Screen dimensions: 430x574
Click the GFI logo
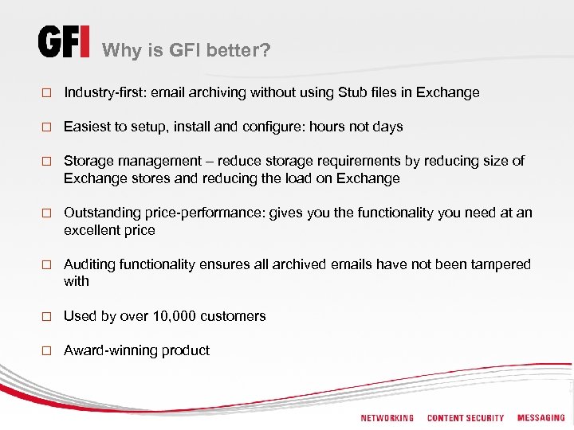tap(64, 42)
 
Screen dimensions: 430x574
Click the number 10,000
tap(171, 316)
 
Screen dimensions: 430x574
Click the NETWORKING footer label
tap(387, 418)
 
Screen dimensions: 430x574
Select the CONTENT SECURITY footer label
tap(466, 418)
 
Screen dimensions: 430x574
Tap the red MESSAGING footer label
tap(541, 418)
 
